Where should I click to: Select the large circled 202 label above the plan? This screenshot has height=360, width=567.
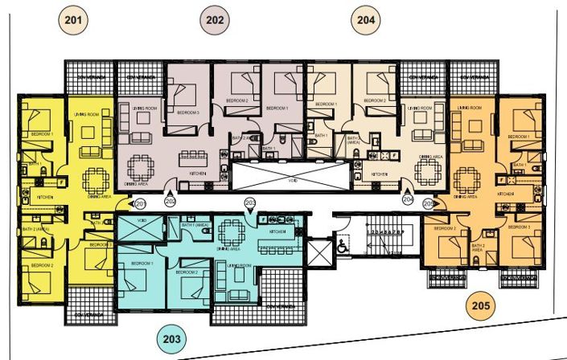pos(215,18)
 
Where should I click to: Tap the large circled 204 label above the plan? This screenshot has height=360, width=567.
pos(366,18)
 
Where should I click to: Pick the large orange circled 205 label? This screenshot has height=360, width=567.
pos(481,306)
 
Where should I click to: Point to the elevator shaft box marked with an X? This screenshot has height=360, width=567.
pos(319,252)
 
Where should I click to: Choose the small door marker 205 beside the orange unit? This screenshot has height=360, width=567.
pos(429,204)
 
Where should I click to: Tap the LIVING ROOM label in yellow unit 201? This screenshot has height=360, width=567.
pos(87,115)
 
